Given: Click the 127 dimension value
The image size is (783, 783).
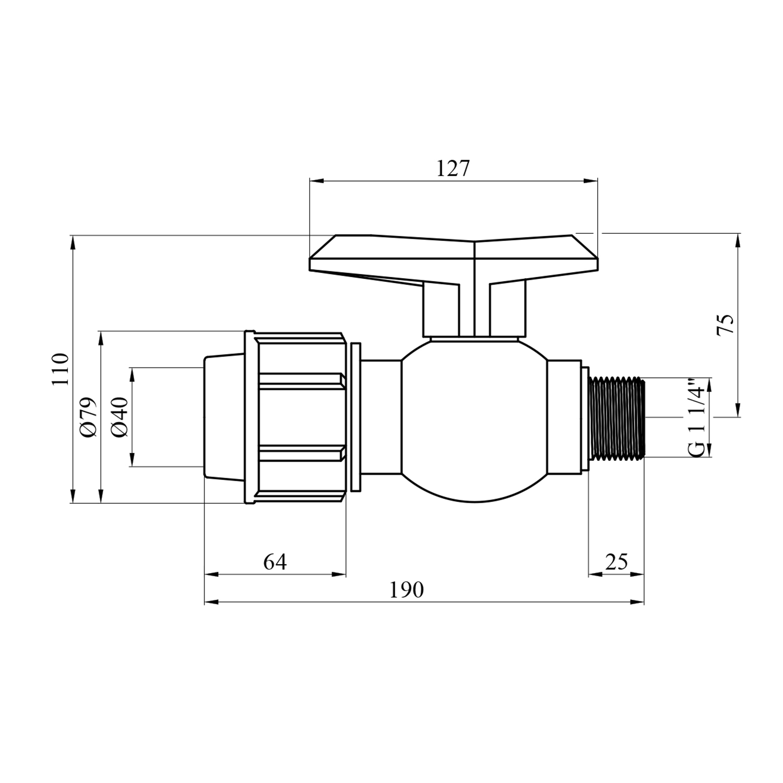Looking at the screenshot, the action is pyautogui.click(x=453, y=169).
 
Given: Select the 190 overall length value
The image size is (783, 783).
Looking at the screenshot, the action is pyautogui.click(x=407, y=590).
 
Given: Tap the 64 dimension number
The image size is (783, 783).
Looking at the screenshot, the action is pyautogui.click(x=275, y=562).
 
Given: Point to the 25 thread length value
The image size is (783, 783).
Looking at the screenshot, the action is pyautogui.click(x=616, y=562).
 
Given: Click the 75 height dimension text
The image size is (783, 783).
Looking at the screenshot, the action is pyautogui.click(x=726, y=325).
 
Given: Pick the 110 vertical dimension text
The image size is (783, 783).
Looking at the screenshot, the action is pyautogui.click(x=61, y=369).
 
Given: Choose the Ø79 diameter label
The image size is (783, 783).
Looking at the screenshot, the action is pyautogui.click(x=89, y=417).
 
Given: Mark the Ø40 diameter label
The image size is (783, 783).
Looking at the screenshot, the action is pyautogui.click(x=120, y=417).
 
